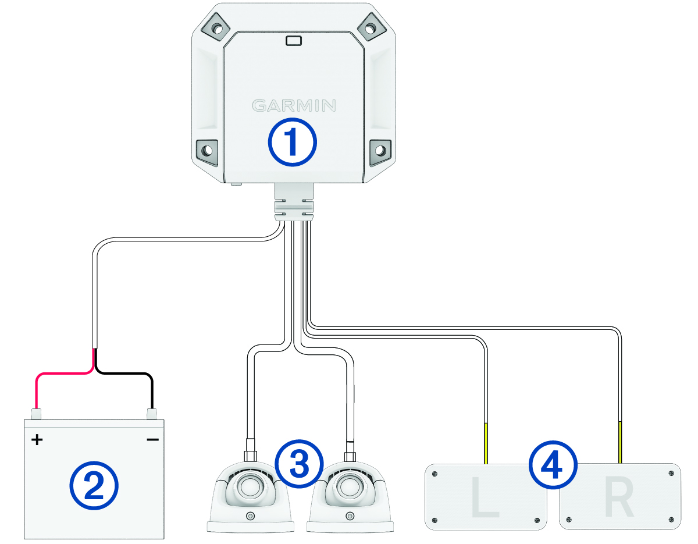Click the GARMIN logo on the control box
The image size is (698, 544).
[x=294, y=105]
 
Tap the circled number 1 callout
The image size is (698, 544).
[x=292, y=143]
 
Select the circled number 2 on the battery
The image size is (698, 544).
[x=94, y=486]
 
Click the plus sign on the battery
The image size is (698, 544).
[x=37, y=439]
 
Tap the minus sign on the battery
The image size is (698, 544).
[x=152, y=439]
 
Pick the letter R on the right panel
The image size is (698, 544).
[x=620, y=499]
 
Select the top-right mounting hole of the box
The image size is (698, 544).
[x=370, y=26]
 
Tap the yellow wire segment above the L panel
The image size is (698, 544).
[x=486, y=442]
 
